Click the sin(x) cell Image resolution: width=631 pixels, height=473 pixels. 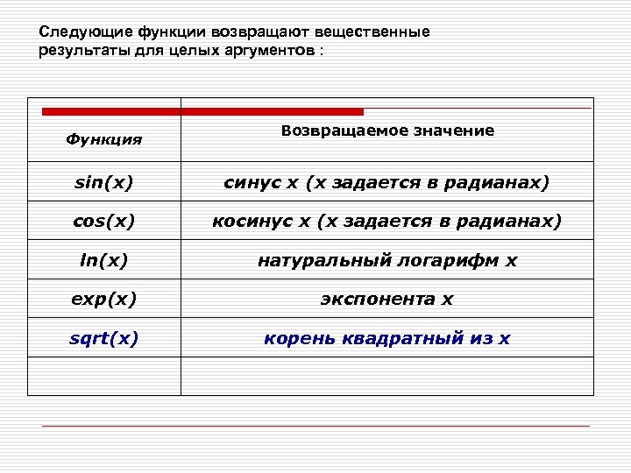tap(104, 183)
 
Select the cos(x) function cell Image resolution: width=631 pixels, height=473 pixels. tap(104, 222)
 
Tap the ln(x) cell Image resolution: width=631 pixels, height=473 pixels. tap(104, 260)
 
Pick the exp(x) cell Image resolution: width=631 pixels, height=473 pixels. tap(104, 299)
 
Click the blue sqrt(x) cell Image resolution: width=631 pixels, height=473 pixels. tap(104, 337)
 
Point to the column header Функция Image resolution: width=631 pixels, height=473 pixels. tap(104, 139)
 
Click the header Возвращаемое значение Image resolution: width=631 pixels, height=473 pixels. tap(387, 131)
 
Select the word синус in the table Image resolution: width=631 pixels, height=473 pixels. tap(252, 183)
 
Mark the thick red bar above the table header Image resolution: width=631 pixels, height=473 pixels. tap(202, 112)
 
